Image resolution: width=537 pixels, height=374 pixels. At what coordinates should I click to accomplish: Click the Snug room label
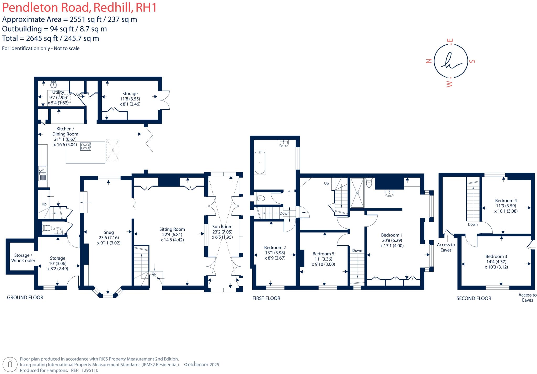tap(109, 232)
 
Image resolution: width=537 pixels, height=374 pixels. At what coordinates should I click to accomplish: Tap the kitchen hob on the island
tap(86, 146)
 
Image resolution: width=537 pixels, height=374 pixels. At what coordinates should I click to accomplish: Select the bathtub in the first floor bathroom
tap(260, 163)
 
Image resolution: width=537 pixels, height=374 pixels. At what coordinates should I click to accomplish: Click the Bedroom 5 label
tap(323, 254)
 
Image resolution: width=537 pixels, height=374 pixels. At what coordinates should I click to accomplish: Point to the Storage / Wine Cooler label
tap(23, 258)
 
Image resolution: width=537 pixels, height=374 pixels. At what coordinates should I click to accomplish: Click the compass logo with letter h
tap(451, 61)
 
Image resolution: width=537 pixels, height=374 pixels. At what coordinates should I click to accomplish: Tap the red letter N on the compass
tap(429, 61)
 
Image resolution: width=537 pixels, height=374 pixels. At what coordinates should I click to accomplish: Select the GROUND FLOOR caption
tap(25, 297)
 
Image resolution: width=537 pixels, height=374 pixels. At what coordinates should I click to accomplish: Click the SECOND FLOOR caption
tap(474, 298)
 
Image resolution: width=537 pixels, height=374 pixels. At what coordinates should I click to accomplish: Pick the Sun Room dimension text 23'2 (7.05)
tap(222, 232)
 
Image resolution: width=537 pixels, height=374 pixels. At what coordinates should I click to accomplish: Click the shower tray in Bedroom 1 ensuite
tap(357, 193)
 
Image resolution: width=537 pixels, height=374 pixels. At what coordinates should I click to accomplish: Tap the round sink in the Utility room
tap(53, 85)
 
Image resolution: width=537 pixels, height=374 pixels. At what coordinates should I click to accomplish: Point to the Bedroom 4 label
tap(506, 201)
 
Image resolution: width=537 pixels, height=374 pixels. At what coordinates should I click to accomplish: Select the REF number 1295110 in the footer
tap(90, 370)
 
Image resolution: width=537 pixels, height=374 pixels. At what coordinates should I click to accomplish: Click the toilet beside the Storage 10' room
tap(47, 228)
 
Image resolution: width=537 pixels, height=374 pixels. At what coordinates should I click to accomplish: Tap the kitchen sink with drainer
tap(42, 173)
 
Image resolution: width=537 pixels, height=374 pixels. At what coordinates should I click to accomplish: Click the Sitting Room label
tap(172, 229)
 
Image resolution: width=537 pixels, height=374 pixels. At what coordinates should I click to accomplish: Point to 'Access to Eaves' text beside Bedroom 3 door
tap(446, 247)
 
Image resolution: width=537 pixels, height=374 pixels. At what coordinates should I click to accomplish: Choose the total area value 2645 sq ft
tap(42, 38)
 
